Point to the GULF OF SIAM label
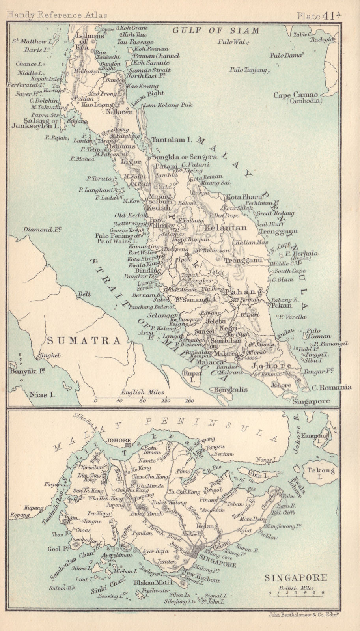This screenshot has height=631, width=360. (x=216, y=30)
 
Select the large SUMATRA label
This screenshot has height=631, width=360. (x=84, y=340)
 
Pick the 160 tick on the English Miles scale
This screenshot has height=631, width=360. (x=190, y=401)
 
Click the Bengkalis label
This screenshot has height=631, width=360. (x=231, y=390)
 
